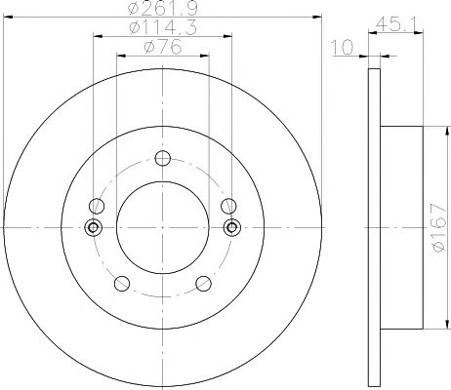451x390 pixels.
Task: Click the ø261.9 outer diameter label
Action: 163,8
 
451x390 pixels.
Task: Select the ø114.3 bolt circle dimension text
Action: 163,27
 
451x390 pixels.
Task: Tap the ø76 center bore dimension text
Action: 162,48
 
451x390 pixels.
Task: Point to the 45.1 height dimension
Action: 395,24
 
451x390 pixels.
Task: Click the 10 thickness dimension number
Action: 343,48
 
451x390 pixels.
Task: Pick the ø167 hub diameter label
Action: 438,227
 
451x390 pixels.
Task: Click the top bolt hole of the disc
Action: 163,158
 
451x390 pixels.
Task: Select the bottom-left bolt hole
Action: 122,283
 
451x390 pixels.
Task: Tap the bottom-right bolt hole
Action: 203,283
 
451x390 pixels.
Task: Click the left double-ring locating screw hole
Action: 93,227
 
